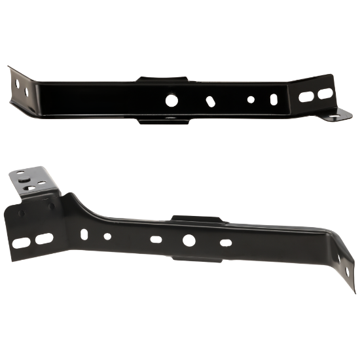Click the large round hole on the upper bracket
(x=171, y=100)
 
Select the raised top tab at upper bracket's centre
(x=163, y=79)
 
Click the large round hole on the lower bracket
(x=189, y=240)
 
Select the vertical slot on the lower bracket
(x=83, y=233)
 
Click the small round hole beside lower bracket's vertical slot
(x=107, y=236)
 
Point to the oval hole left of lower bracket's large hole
(x=156, y=240)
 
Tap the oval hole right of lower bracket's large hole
(x=225, y=243)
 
